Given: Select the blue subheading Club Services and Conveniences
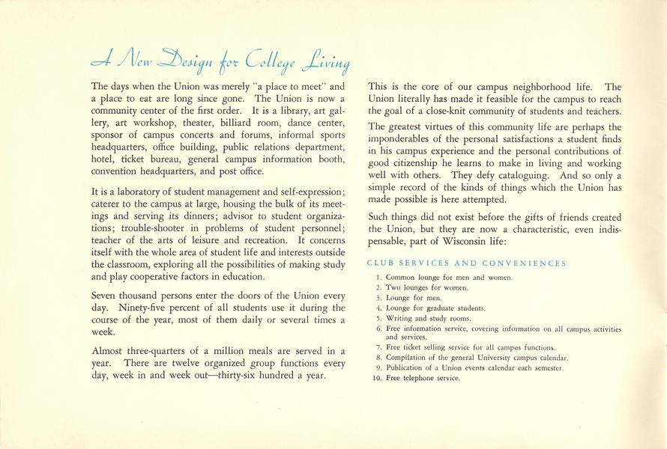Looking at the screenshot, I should tap(466, 263).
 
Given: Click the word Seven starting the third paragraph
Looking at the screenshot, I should tap(105, 296).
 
